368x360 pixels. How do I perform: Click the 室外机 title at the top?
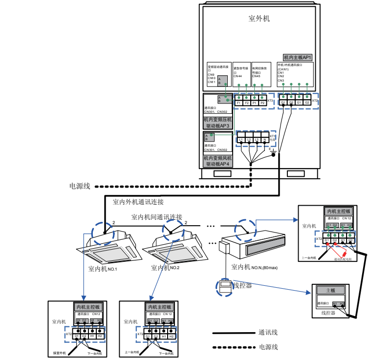pyautogui.click(x=259, y=19)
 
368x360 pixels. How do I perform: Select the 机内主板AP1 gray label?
pyautogui.click(x=298, y=58)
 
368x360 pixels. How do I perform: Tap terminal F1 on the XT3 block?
pyautogui.click(x=239, y=103)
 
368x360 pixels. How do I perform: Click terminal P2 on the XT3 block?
pyautogui.click(x=262, y=103)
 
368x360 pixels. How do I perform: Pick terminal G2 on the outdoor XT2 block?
pyautogui.click(x=307, y=103)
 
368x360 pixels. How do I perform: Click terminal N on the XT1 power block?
pyautogui.click(x=264, y=140)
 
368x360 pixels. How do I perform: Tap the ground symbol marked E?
pyautogui.click(x=274, y=153)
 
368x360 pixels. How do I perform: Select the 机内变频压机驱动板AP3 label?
pyautogui.click(x=218, y=123)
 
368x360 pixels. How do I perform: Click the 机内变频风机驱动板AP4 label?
pyautogui.click(x=218, y=161)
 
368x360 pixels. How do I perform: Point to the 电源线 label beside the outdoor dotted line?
pyautogui.click(x=80, y=187)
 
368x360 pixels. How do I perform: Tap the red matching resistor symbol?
pyautogui.click(x=346, y=253)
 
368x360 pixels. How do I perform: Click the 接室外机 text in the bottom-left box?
pyautogui.click(x=61, y=352)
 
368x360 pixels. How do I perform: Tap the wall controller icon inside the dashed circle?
pyautogui.click(x=225, y=287)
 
